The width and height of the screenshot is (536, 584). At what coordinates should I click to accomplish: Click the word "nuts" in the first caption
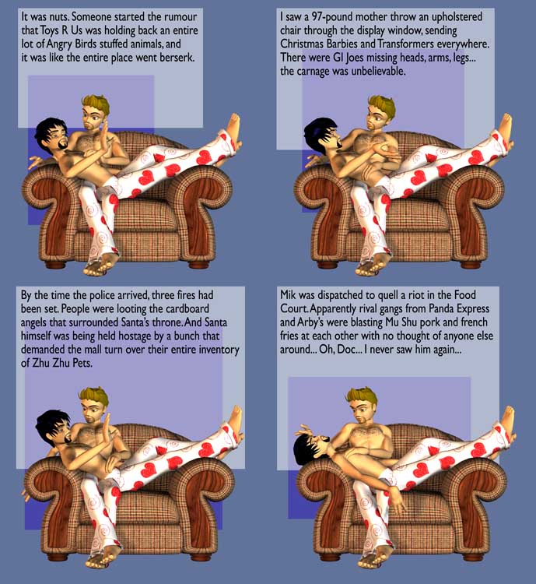(59, 17)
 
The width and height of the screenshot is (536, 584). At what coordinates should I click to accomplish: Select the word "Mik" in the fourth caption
(288, 295)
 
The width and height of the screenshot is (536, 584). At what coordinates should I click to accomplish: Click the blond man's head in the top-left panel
(95, 112)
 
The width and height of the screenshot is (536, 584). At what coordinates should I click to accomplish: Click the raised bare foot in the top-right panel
(506, 127)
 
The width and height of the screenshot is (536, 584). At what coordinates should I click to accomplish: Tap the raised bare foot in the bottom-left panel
(234, 418)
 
